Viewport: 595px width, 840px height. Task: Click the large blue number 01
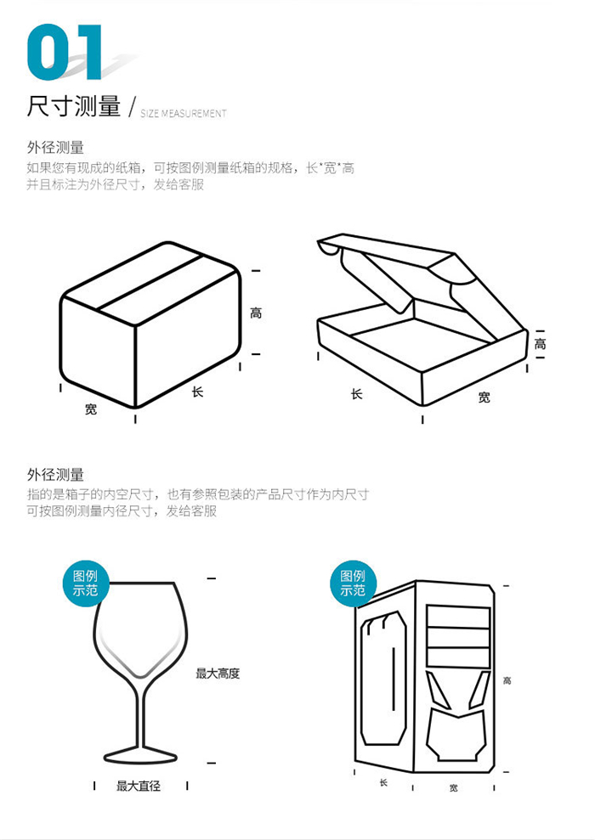point(65,54)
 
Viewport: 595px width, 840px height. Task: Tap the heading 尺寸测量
point(74,107)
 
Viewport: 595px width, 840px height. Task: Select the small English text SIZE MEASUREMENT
point(183,113)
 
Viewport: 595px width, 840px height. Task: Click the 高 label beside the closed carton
point(256,313)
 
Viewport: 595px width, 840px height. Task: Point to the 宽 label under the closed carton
point(91,409)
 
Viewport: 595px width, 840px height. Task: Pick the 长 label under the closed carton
point(197,392)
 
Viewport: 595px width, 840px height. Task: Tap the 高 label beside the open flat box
point(540,344)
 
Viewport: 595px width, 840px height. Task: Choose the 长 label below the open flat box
point(356,394)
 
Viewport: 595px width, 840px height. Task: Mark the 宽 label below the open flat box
point(484,397)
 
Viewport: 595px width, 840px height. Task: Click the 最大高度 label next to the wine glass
point(218,674)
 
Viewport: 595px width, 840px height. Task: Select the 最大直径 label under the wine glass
point(139,786)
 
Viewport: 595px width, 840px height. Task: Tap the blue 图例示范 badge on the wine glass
point(85,583)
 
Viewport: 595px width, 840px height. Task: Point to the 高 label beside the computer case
point(507,680)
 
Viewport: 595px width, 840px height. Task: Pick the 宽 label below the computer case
point(453,788)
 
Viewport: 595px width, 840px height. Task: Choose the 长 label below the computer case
point(383,782)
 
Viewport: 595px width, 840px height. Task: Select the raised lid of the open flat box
point(399,263)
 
